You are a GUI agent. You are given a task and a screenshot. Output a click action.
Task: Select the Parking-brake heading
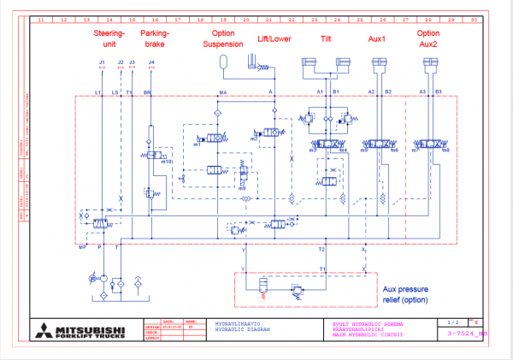(x=156, y=38)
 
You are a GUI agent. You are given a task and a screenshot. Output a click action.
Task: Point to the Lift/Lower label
(x=274, y=38)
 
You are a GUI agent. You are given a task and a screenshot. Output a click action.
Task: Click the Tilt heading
(x=326, y=38)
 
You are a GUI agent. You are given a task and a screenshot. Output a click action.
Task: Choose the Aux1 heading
(x=377, y=38)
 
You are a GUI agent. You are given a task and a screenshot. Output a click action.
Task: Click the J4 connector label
(x=151, y=62)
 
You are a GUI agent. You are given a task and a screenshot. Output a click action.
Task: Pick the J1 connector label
(x=102, y=62)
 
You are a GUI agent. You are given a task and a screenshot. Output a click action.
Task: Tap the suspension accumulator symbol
(x=223, y=62)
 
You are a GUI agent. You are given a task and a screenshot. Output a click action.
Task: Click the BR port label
(x=147, y=91)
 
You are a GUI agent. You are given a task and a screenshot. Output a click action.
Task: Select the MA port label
(x=223, y=91)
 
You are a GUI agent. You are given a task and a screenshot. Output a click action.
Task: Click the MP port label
(x=83, y=246)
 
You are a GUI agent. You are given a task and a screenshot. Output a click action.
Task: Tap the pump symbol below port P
(x=102, y=279)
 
